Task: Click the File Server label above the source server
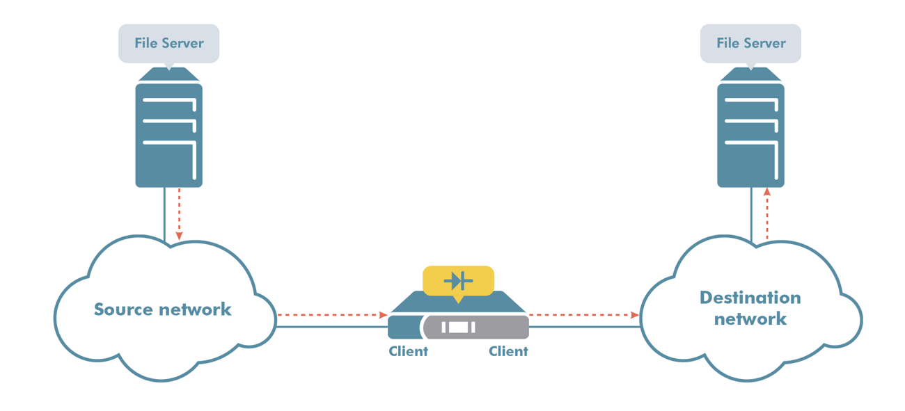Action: click(168, 43)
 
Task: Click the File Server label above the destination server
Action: click(750, 43)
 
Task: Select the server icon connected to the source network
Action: click(168, 132)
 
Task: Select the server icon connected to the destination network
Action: click(750, 132)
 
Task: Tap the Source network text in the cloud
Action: click(162, 309)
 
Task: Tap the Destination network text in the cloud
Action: click(750, 308)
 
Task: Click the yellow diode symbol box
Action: click(458, 281)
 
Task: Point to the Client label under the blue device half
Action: click(408, 351)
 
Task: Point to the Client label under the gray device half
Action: click(508, 351)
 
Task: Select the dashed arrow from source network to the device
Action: click(331, 315)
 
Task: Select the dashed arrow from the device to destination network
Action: click(583, 315)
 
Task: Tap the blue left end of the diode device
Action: click(403, 327)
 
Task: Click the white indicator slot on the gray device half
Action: click(457, 327)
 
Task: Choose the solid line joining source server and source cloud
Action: click(164, 216)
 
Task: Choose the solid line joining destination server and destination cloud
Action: click(752, 216)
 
